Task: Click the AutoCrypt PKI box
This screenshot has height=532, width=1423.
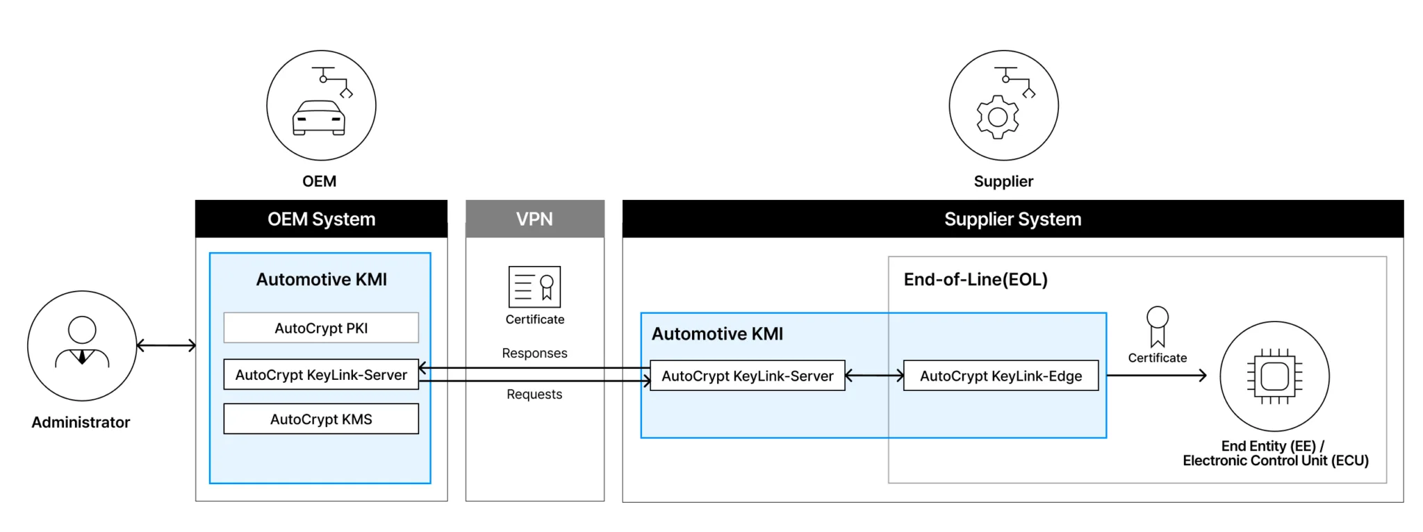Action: pyautogui.click(x=321, y=328)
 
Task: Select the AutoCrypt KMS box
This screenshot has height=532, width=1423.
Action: pyautogui.click(x=321, y=419)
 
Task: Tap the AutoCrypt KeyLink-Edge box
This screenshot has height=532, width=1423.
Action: pyautogui.click(x=1001, y=376)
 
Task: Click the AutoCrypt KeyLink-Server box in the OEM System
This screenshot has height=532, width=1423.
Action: pyautogui.click(x=321, y=374)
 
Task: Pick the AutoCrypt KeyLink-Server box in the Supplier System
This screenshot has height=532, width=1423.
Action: pyautogui.click(x=748, y=376)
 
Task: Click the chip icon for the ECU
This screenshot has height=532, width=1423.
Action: pyautogui.click(x=1274, y=376)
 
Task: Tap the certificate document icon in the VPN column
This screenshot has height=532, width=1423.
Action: pyautogui.click(x=534, y=287)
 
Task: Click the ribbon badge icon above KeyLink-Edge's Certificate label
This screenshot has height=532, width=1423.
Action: pyautogui.click(x=1157, y=326)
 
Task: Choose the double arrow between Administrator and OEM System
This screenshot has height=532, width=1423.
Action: pyautogui.click(x=167, y=345)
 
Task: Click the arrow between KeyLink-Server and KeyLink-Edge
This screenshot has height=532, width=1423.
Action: pyautogui.click(x=874, y=376)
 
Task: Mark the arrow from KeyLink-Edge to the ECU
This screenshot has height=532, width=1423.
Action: pyautogui.click(x=1156, y=376)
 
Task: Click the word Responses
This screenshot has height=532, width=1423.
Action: pyautogui.click(x=534, y=353)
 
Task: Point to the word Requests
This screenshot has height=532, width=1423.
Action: pyautogui.click(x=534, y=394)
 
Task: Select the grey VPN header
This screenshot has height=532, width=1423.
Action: pyautogui.click(x=534, y=219)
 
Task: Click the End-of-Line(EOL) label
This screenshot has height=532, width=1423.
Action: pyautogui.click(x=976, y=279)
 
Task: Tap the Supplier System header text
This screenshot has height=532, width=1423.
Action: pyautogui.click(x=1012, y=219)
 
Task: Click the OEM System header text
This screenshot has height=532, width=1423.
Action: pyautogui.click(x=321, y=219)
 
